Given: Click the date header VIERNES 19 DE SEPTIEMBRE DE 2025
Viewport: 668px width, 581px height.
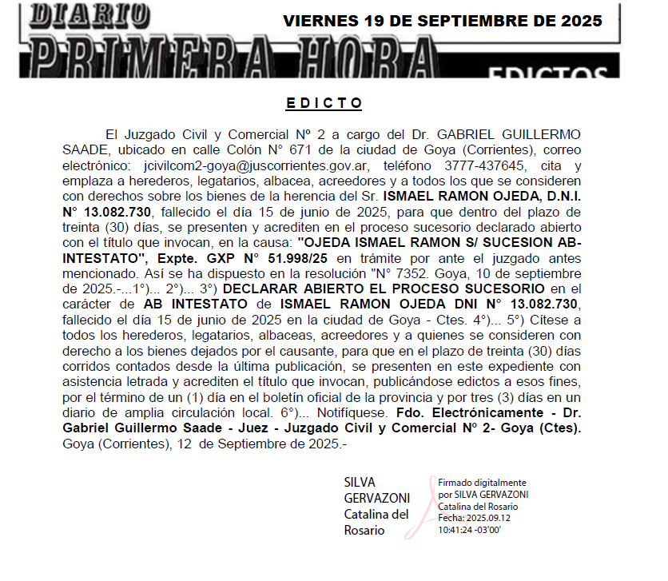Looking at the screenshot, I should pyautogui.click(x=442, y=21).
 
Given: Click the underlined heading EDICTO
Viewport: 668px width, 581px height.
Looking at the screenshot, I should pyautogui.click(x=324, y=104).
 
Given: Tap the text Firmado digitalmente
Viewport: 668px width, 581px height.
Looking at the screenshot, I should pyautogui.click(x=482, y=483).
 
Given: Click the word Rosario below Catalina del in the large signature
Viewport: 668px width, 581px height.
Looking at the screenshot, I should pyautogui.click(x=364, y=530).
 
